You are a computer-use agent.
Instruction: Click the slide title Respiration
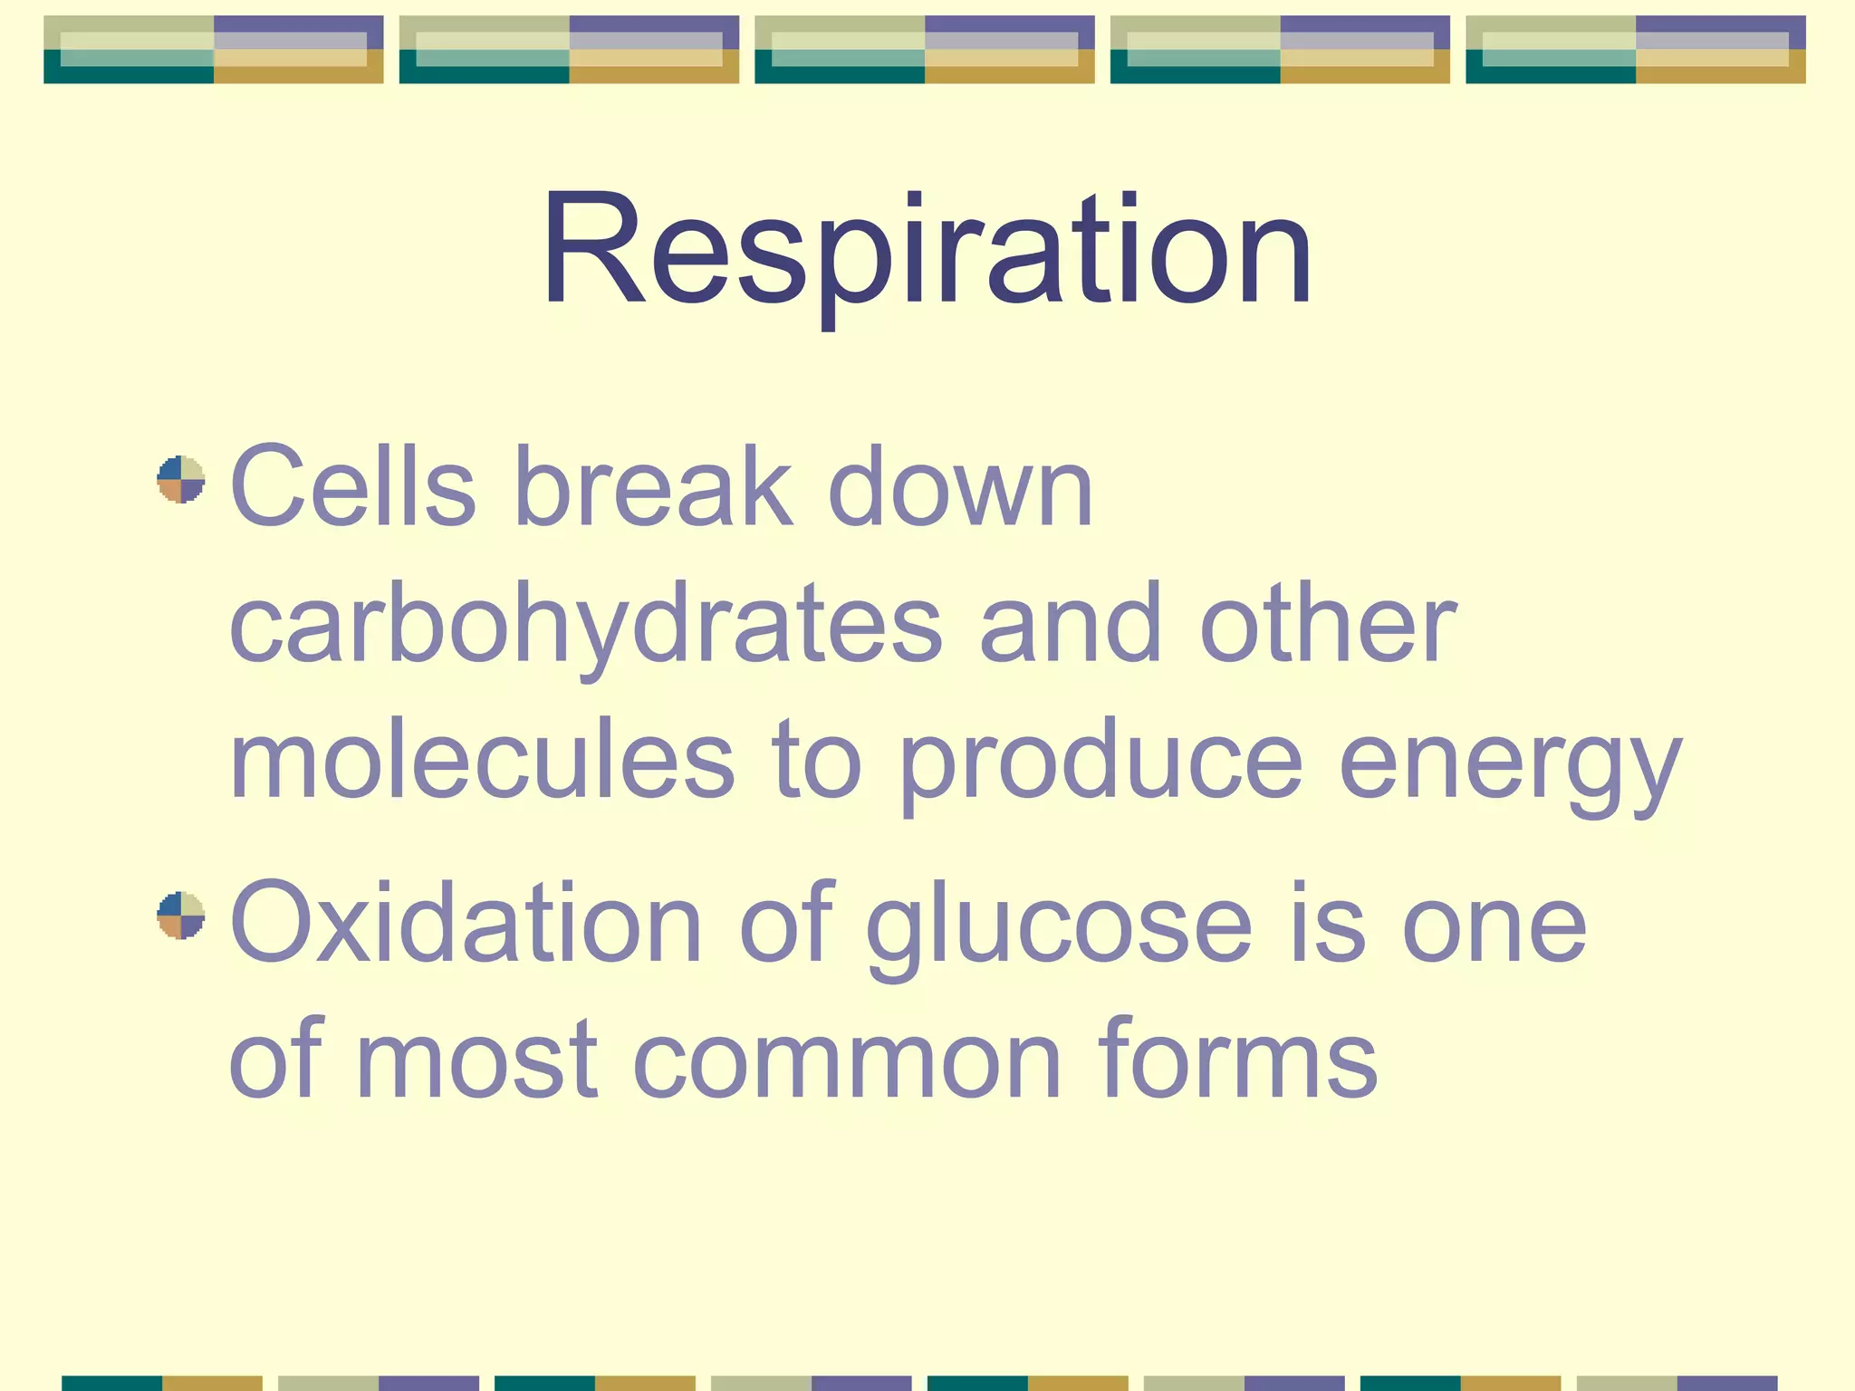click(x=926, y=249)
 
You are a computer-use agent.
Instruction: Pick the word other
click(x=1328, y=625)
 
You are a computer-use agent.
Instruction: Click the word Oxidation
click(x=466, y=924)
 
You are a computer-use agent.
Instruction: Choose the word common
click(x=847, y=1060)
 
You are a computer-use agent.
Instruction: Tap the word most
click(x=477, y=1060)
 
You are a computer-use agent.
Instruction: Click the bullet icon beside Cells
click(x=180, y=479)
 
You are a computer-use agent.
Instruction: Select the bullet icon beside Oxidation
click(x=180, y=915)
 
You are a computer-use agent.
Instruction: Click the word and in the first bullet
click(x=1072, y=625)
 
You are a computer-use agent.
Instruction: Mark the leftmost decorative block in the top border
click(x=214, y=50)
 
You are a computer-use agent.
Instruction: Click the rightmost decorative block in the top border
click(x=1635, y=50)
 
